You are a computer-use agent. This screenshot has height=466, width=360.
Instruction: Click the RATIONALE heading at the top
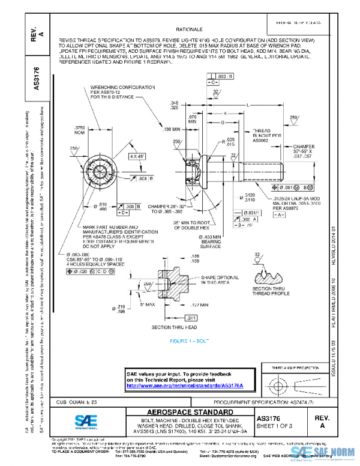point(189,29)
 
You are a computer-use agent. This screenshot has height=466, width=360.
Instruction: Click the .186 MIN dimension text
point(171,129)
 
